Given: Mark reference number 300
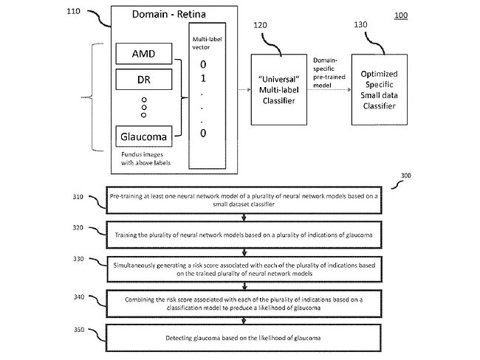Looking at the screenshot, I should click(x=404, y=176).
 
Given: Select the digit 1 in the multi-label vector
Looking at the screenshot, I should click(x=203, y=77).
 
